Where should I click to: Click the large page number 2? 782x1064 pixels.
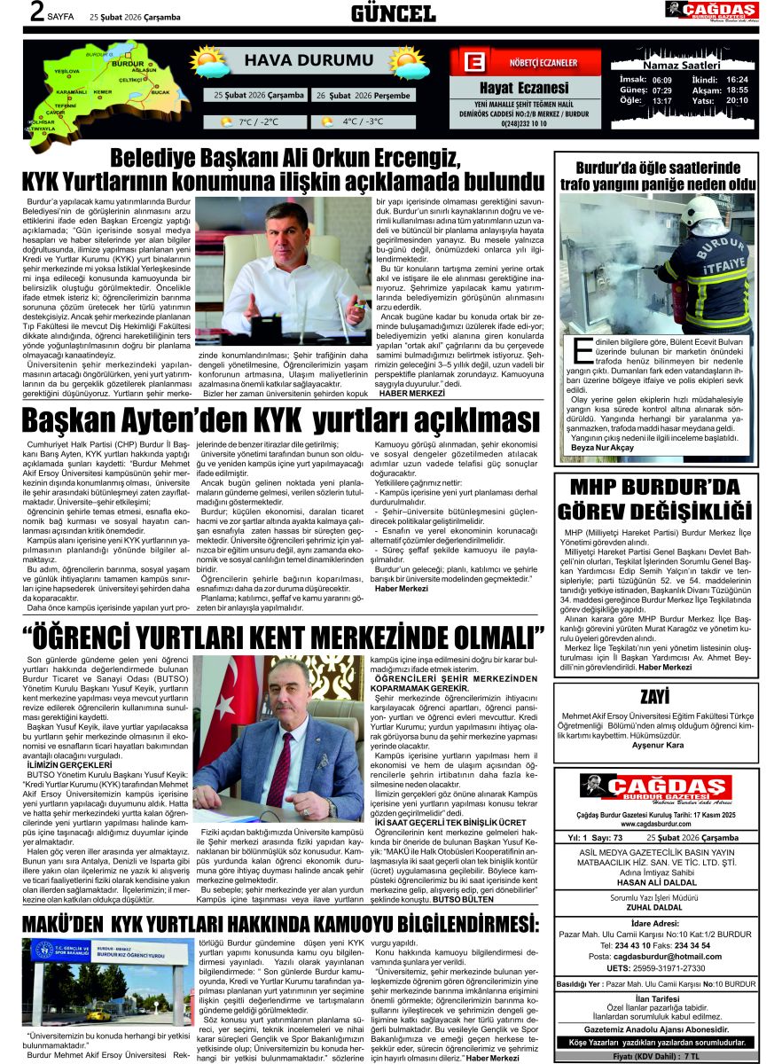[37, 12]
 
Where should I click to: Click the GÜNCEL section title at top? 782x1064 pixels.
[393, 13]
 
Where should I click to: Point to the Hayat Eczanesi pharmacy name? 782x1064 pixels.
[524, 88]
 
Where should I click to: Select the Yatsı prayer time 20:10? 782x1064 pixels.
[737, 100]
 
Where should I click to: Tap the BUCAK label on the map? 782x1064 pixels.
[160, 92]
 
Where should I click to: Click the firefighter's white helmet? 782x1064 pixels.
[700, 210]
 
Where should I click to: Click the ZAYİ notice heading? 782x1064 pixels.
[655, 696]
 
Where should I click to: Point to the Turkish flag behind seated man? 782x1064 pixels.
[218, 709]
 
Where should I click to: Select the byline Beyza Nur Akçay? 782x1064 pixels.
[603, 448]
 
